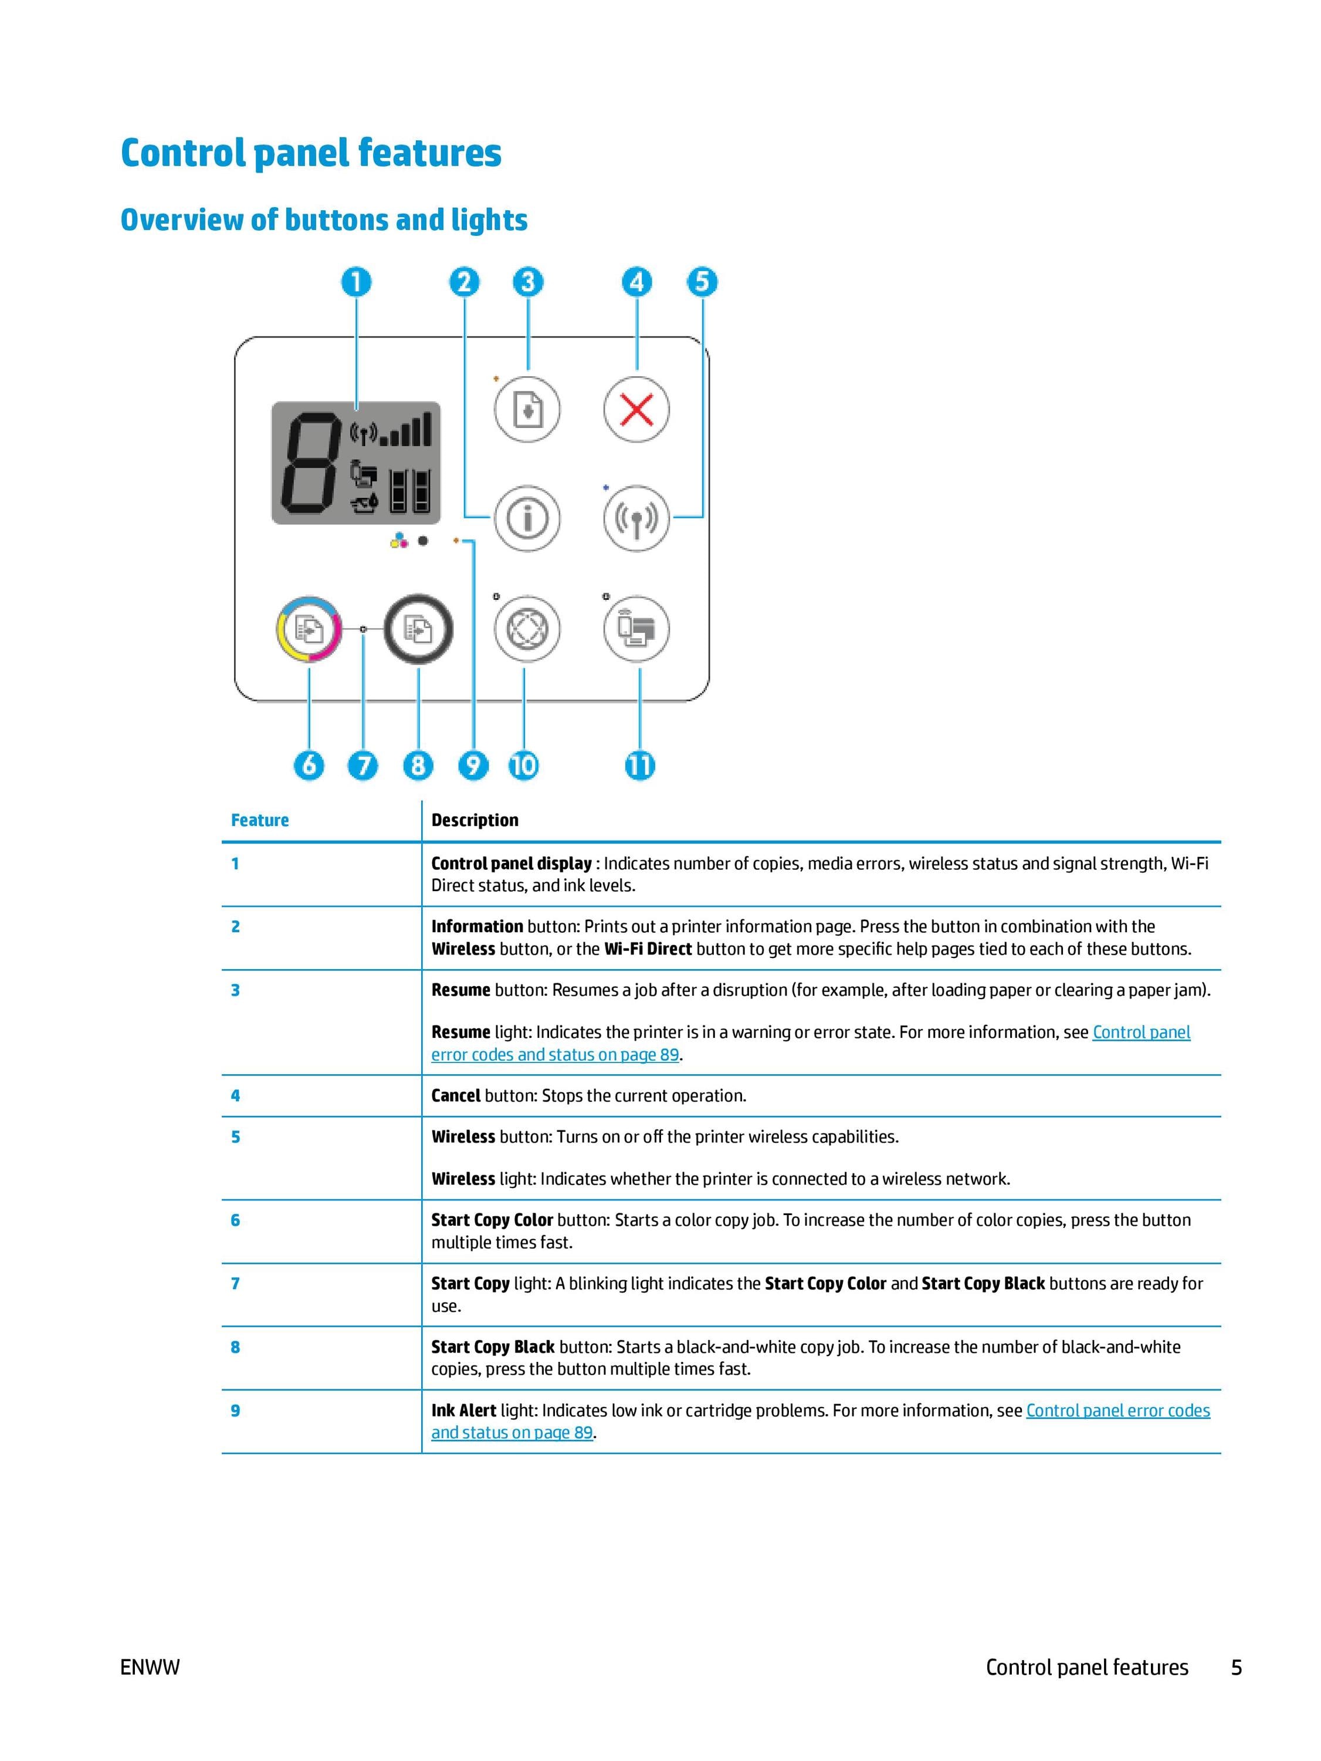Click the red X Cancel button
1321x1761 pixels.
(636, 410)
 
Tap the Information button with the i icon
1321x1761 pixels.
(527, 518)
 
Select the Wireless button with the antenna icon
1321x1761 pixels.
(636, 518)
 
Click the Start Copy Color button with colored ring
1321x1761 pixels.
(309, 630)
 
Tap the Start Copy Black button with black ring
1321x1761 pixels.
(419, 630)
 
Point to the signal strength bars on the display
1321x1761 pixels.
(406, 430)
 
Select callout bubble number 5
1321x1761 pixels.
(702, 282)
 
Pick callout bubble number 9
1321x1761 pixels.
(473, 766)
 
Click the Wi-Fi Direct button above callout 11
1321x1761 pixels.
(636, 630)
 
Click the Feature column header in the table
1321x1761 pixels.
(259, 820)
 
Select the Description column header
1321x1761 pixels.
(475, 820)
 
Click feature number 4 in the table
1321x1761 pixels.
(236, 1095)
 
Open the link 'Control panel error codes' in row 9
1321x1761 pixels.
(1118, 1410)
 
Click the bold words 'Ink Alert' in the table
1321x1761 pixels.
(464, 1410)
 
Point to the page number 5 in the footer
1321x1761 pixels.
(1237, 1667)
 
